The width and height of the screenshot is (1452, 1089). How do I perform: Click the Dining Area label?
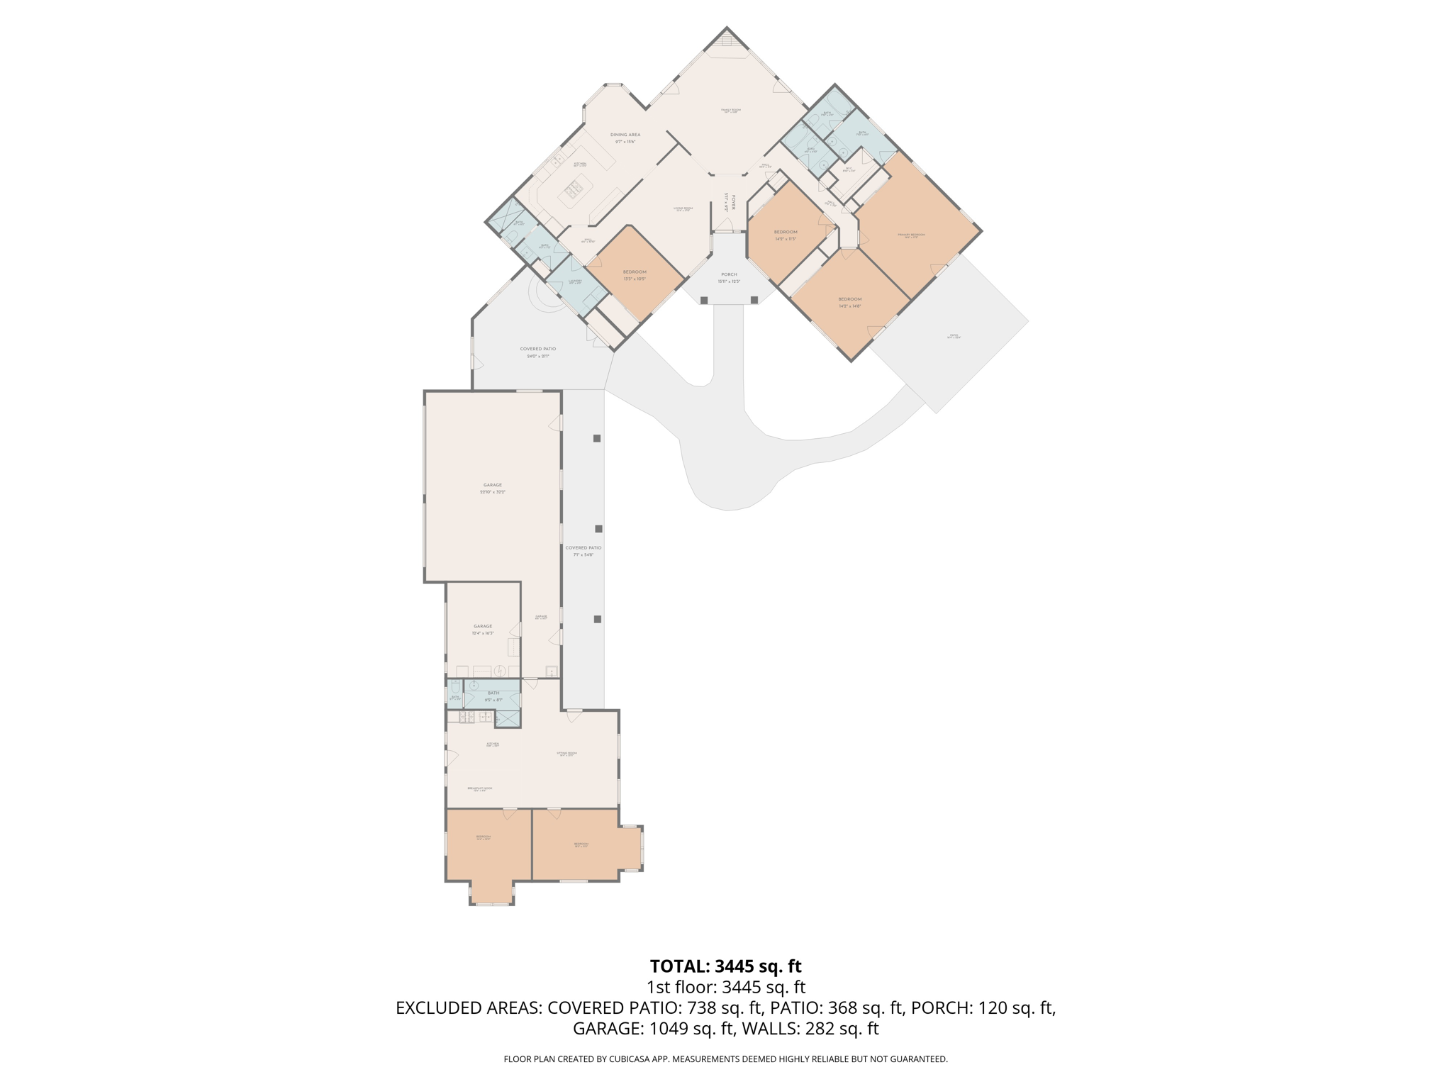(x=625, y=135)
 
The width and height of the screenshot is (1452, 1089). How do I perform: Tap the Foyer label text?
(x=733, y=202)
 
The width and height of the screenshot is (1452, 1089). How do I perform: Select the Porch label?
(x=729, y=274)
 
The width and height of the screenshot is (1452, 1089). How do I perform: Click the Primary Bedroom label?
(x=911, y=235)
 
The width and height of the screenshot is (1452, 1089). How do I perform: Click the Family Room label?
(x=730, y=110)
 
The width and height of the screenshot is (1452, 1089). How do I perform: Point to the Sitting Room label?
(x=567, y=753)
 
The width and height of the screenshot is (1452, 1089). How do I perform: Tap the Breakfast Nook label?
(x=480, y=788)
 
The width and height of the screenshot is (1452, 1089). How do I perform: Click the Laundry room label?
(x=575, y=281)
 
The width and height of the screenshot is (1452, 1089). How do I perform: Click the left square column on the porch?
(x=704, y=301)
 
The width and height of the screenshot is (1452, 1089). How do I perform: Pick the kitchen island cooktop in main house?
(x=573, y=189)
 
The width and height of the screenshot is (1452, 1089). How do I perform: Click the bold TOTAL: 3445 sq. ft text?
(x=725, y=966)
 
